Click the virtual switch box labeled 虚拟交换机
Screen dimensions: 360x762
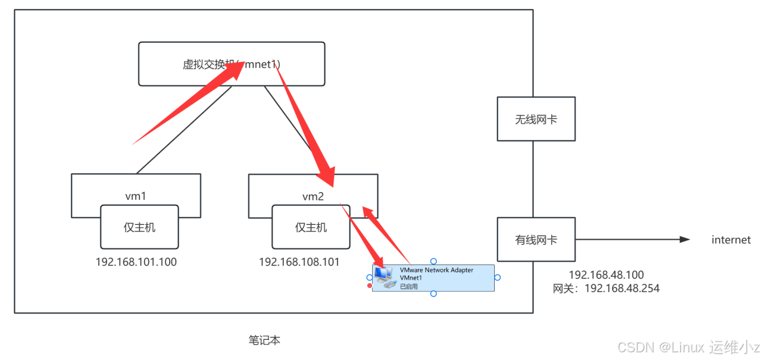(232, 63)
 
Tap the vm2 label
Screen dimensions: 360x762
(313, 196)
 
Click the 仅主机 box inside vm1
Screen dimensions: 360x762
(139, 227)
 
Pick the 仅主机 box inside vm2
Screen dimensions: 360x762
(311, 227)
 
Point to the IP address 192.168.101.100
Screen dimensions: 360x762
(136, 262)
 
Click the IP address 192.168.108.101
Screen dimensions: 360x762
(299, 262)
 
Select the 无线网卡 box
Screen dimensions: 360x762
(536, 119)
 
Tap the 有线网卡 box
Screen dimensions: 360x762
(536, 240)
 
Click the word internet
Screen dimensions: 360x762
(731, 240)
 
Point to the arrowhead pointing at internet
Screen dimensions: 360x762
(685, 240)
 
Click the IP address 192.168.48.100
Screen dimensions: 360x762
(606, 275)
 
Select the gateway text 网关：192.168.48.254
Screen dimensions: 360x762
(606, 288)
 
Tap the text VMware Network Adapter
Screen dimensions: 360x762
(436, 270)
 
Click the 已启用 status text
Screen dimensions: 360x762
(408, 286)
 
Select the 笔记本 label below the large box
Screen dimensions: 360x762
(264, 340)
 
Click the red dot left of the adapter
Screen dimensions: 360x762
(370, 286)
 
